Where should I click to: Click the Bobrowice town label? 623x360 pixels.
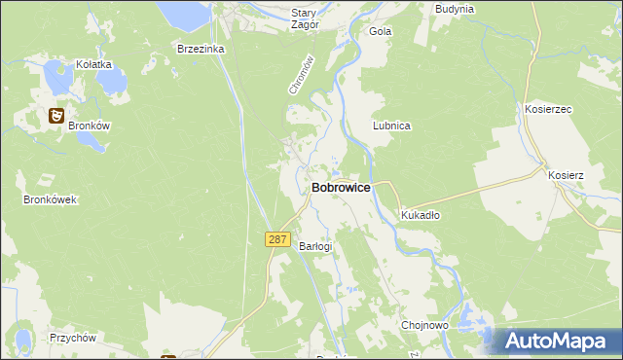coord(341,187)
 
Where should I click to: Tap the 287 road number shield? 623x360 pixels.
coord(278,239)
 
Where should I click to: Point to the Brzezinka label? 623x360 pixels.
coord(201,48)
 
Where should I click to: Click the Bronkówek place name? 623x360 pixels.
coord(50,199)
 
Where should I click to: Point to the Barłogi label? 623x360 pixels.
coord(315,246)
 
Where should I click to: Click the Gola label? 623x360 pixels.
coord(380,31)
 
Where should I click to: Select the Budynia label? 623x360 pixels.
coord(455,9)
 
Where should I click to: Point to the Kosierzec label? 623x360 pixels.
coord(548,110)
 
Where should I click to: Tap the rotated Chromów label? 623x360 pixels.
coord(301,74)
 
